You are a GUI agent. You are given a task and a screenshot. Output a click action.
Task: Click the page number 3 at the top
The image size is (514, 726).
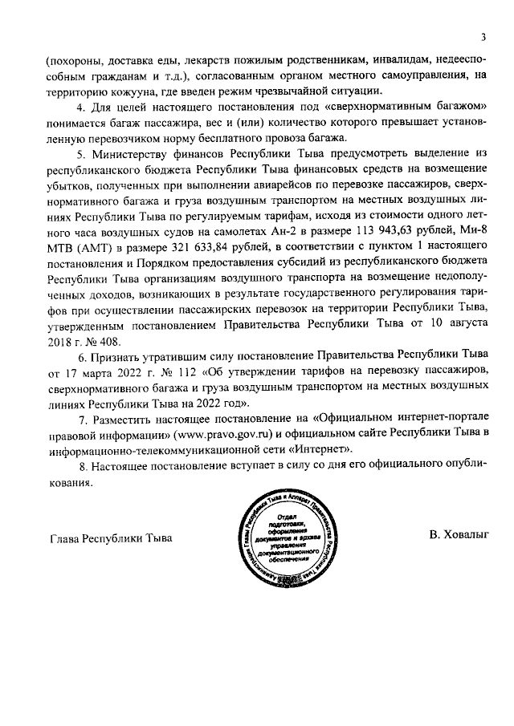tap(484, 36)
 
